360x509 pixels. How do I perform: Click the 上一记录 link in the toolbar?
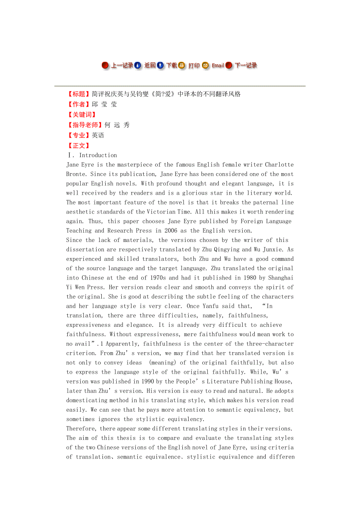click(x=122, y=65)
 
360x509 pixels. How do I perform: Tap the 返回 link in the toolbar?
click(x=150, y=65)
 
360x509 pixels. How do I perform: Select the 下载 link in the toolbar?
click(x=172, y=65)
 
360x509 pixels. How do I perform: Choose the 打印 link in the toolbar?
click(x=194, y=65)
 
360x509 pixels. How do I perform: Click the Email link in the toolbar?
click(x=218, y=65)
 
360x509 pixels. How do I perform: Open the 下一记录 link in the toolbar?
click(x=246, y=65)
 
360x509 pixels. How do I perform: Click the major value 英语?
click(x=98, y=135)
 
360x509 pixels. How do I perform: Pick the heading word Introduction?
click(x=98, y=155)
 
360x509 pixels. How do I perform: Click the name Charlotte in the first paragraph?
click(x=279, y=165)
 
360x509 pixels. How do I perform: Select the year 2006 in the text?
click(x=171, y=231)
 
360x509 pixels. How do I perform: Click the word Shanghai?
click(x=279, y=278)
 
